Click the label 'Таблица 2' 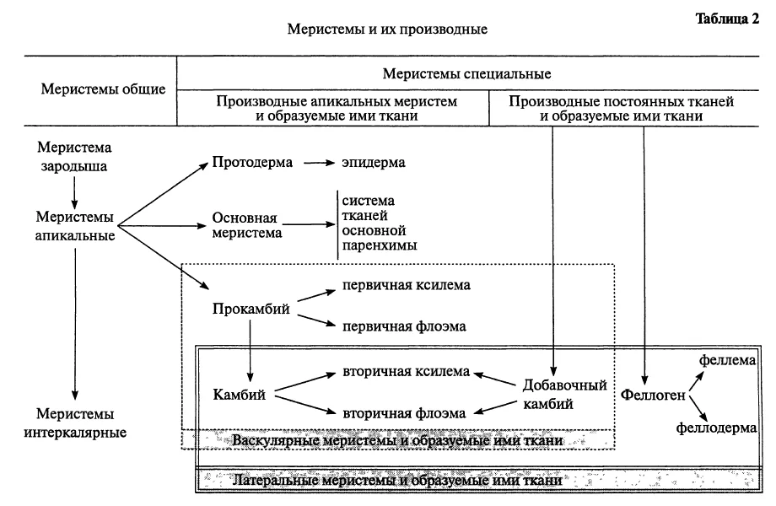pos(727,19)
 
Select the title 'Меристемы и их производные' pos(387,30)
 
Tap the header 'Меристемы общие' pos(103,89)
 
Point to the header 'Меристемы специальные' pos(466,74)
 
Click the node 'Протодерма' pos(252,163)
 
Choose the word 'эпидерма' pos(373,163)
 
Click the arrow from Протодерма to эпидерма pos(319,162)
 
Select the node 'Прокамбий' pos(251,310)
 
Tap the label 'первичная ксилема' pos(407,285)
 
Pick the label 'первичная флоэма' pos(404,327)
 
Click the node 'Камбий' pos(239,395)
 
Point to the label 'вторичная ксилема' pos(406,372)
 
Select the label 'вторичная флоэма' pos(404,413)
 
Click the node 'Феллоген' pos(653,396)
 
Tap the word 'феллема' pos(727,361)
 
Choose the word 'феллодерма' pos(716,428)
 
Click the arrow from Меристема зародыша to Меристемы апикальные pos(74,192)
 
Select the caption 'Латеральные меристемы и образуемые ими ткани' pos(397,481)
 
